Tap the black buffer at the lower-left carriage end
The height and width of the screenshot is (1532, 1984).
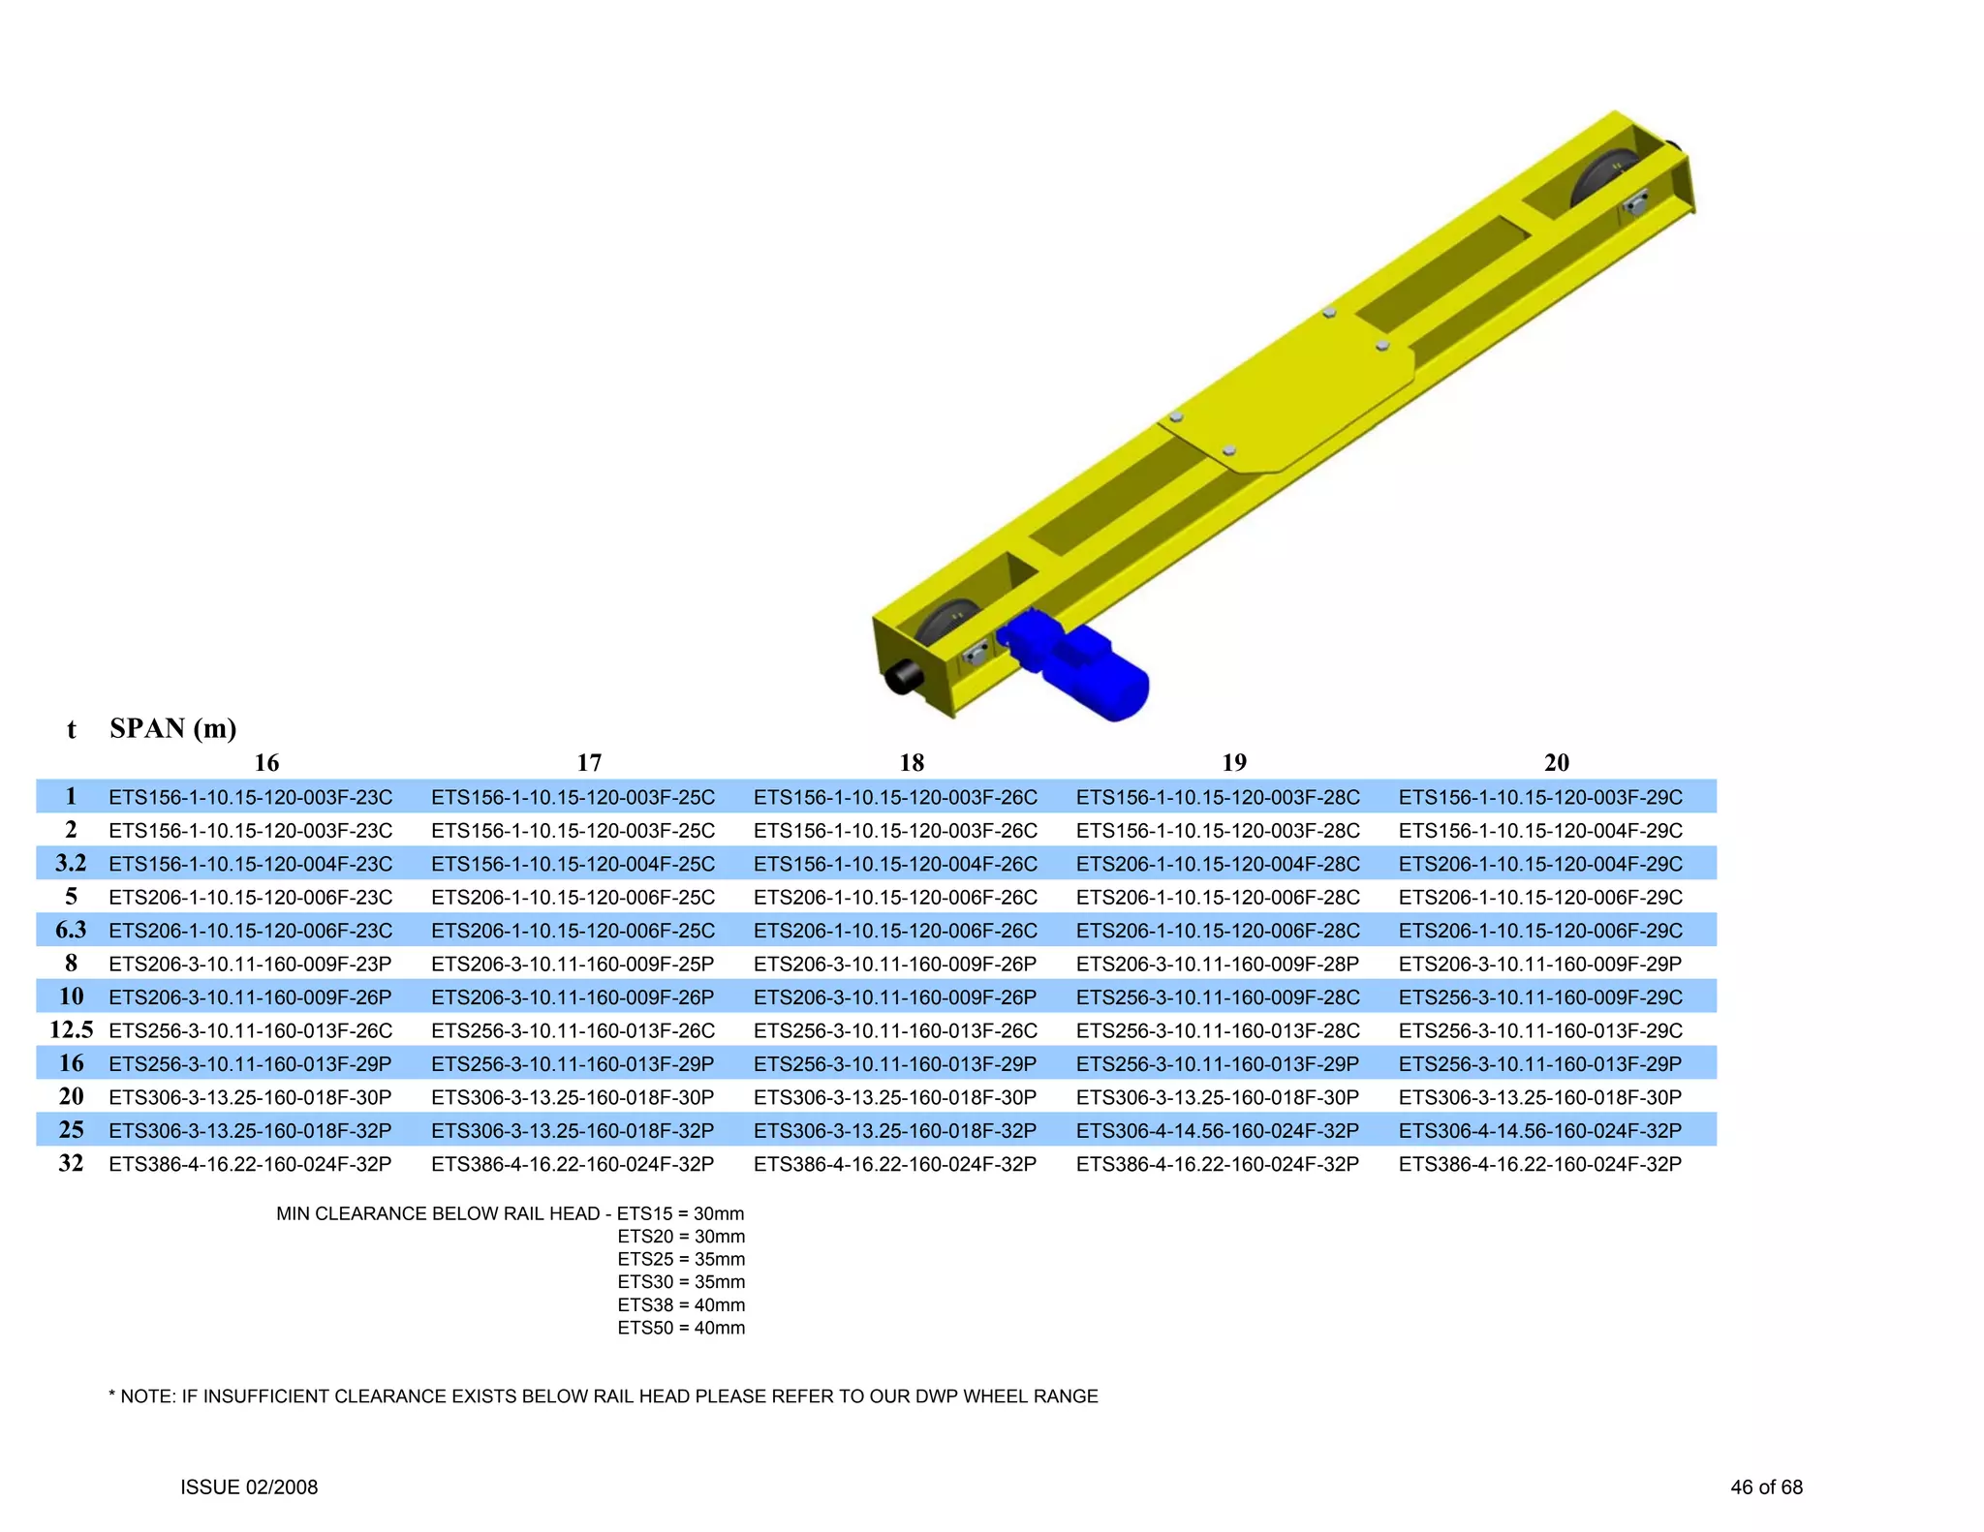coord(905,676)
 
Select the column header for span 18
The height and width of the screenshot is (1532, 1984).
coord(912,763)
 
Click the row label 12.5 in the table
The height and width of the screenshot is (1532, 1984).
coord(71,1030)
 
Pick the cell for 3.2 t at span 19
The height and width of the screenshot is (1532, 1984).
coord(1218,864)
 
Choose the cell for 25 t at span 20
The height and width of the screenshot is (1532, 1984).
coord(1539,1131)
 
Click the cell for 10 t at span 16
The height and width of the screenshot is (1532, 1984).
coord(250,997)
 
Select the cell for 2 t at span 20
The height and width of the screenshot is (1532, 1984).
coord(1539,831)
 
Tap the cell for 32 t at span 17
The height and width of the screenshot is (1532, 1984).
coord(573,1164)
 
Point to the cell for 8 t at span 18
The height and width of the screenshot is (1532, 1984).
coord(895,965)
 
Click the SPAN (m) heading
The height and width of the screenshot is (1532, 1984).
coord(173,728)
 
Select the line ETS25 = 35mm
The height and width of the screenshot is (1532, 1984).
coord(681,1259)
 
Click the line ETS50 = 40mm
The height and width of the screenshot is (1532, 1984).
coord(681,1328)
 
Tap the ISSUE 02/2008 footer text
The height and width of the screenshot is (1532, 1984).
coord(249,1487)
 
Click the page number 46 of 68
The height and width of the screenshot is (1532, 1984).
coord(1766,1487)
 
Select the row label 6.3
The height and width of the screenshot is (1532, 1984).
coord(71,931)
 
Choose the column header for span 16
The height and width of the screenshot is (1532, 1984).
coord(266,763)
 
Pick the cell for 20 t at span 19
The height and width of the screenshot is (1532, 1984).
coord(1218,1097)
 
